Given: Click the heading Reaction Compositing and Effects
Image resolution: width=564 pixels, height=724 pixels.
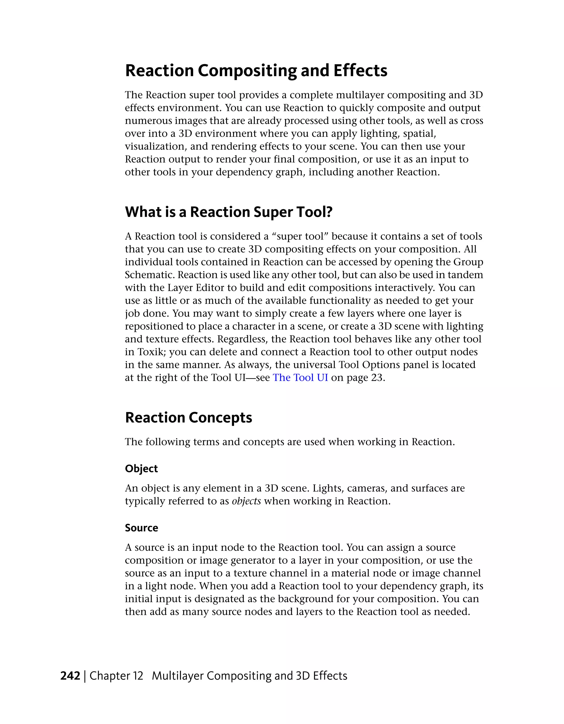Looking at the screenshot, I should (256, 71).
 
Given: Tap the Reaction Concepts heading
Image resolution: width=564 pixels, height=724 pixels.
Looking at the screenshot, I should (188, 417).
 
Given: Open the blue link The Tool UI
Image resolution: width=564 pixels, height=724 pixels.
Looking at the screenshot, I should (300, 378).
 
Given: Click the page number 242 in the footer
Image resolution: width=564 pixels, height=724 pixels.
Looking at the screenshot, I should (70, 676).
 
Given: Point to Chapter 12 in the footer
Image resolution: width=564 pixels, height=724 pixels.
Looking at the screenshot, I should (116, 676).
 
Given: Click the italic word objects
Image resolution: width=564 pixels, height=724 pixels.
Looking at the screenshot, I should (246, 501).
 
